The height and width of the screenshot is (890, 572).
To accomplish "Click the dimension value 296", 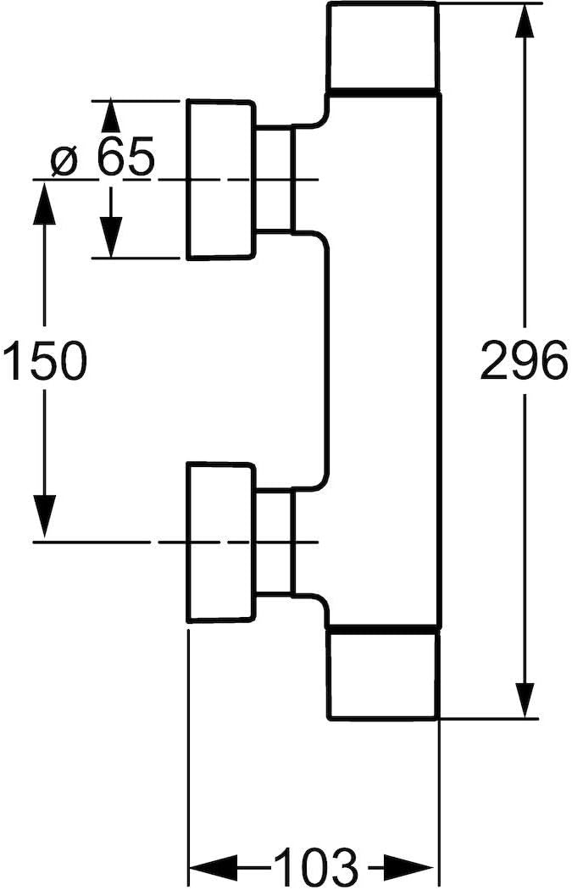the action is click(523, 362).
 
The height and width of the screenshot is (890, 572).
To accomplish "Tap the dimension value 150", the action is click(44, 362).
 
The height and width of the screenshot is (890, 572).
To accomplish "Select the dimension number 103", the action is click(313, 866).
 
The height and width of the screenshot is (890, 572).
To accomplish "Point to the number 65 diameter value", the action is click(125, 159).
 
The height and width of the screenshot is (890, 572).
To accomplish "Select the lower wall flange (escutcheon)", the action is click(220, 542).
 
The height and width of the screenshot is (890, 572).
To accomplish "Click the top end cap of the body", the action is click(382, 47).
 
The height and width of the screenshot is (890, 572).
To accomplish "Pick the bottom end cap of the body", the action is click(382, 674).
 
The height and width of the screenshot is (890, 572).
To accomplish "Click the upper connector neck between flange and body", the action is click(273, 179).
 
